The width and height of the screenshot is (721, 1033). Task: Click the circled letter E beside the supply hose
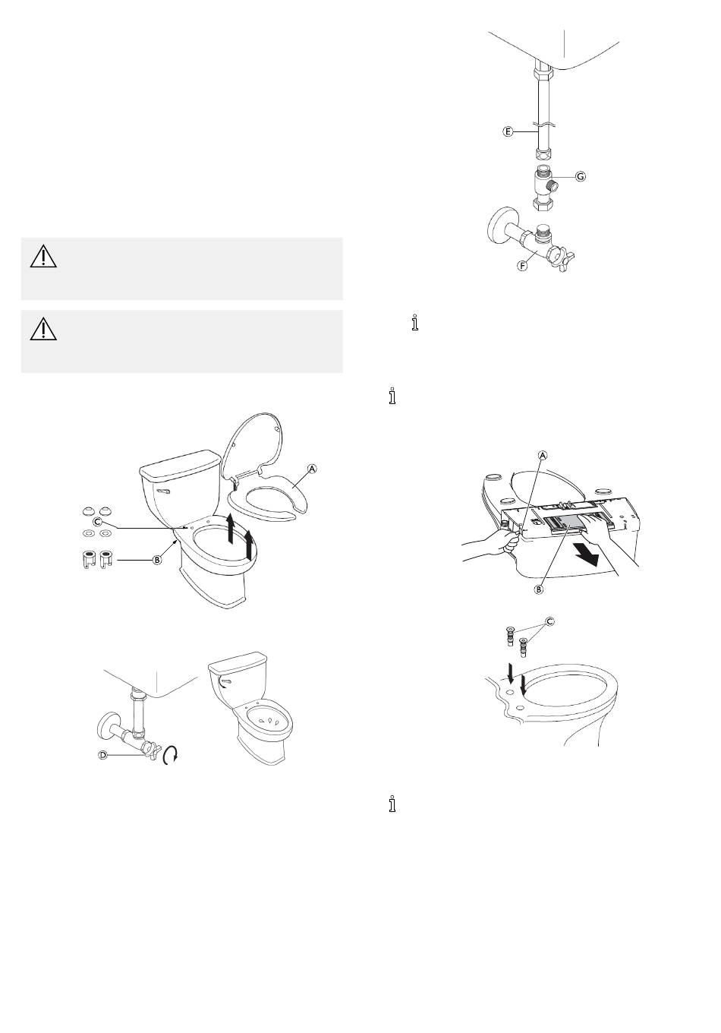[x=507, y=132]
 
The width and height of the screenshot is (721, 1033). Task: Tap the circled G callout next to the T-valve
[x=581, y=176]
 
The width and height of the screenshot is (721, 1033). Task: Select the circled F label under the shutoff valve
[x=522, y=266]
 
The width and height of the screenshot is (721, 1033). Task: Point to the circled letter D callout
[x=103, y=755]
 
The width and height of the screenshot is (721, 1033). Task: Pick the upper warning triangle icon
[x=43, y=257]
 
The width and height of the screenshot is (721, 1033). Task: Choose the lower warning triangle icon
[x=43, y=329]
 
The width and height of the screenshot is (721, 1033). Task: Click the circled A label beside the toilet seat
[x=313, y=469]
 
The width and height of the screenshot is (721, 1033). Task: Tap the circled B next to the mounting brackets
[x=158, y=561]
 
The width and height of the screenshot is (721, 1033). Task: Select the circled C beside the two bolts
[x=549, y=621]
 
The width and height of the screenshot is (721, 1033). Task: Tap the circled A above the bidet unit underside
[x=543, y=456]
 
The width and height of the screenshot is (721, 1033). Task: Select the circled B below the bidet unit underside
[x=539, y=589]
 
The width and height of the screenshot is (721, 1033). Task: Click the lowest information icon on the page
[x=392, y=804]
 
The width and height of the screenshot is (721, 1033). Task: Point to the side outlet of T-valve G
[x=555, y=186]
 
